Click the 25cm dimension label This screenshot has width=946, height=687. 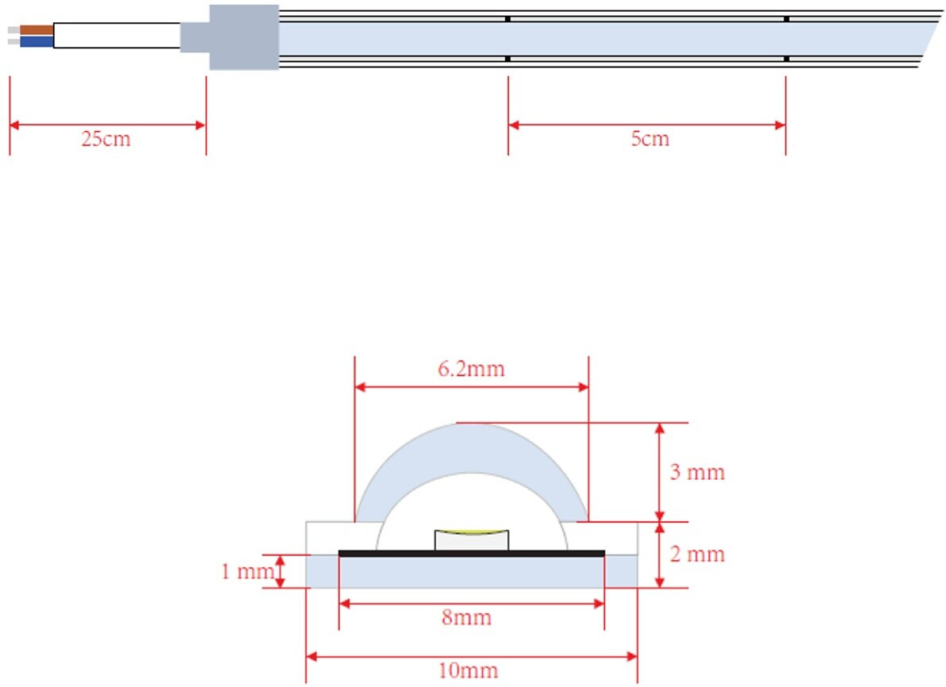[106, 139]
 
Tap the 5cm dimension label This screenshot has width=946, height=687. [650, 139]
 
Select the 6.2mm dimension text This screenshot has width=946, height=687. [471, 369]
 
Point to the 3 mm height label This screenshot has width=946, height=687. [698, 472]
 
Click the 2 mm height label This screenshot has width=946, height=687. [698, 555]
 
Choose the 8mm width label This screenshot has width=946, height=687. [466, 617]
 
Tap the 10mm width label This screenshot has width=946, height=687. [468, 670]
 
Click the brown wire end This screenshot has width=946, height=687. [36, 29]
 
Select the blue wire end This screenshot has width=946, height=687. [36, 42]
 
